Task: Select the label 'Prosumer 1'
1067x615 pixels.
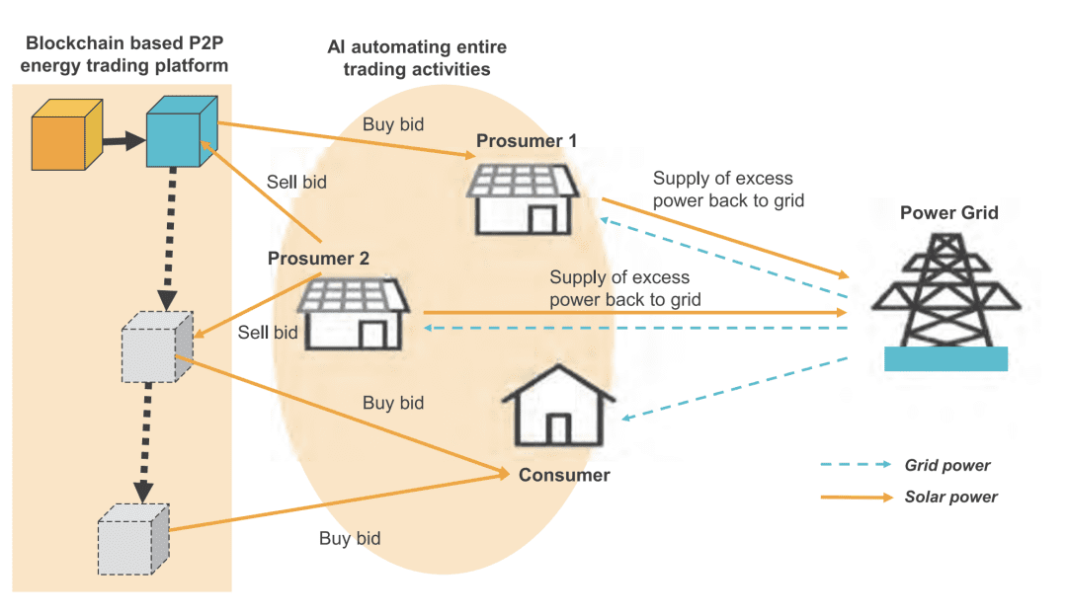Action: point(527,141)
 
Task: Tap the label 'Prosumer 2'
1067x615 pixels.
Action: point(318,259)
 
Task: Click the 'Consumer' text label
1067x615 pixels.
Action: point(564,475)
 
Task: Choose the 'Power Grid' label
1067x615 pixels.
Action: point(948,212)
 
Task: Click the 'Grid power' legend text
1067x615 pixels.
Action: point(946,465)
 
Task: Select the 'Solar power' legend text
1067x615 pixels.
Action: point(950,497)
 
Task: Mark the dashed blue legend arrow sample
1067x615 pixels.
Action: point(855,465)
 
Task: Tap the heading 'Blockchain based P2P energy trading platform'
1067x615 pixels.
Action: point(126,54)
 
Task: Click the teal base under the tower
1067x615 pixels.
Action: point(945,358)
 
